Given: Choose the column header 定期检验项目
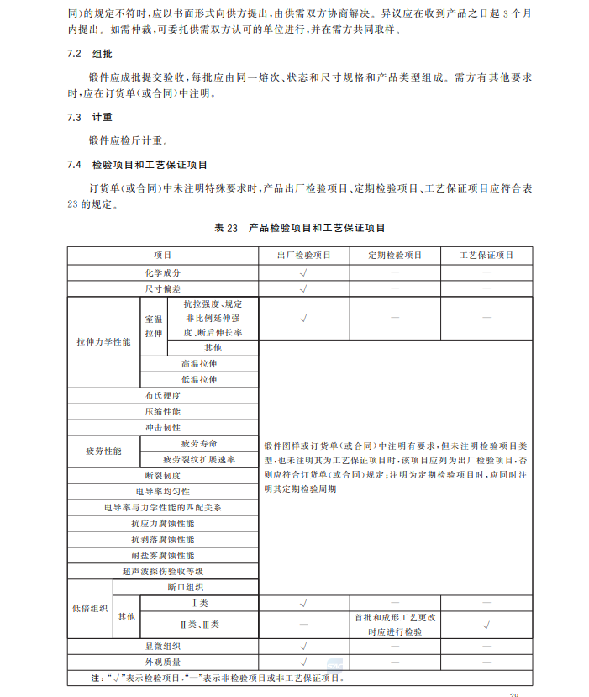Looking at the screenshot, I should pos(395,255).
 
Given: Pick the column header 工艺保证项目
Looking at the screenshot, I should pos(486,255).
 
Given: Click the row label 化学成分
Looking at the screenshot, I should pos(163,272).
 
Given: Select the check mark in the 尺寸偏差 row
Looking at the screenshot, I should pos(303,288).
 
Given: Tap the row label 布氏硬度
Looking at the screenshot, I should pos(163,395).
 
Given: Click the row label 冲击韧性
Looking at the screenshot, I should pos(163,427).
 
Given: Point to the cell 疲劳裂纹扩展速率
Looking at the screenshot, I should pos(199,459).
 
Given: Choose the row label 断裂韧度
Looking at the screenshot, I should pos(163,475).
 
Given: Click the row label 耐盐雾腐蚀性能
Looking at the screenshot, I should pos(163,555).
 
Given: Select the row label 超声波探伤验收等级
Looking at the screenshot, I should pos(163,571).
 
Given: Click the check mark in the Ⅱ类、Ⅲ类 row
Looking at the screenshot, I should pos(486,625).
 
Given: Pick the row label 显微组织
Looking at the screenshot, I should pos(163,646).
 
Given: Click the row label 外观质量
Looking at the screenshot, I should pos(163,662).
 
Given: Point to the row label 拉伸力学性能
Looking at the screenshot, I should pos(103,342).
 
